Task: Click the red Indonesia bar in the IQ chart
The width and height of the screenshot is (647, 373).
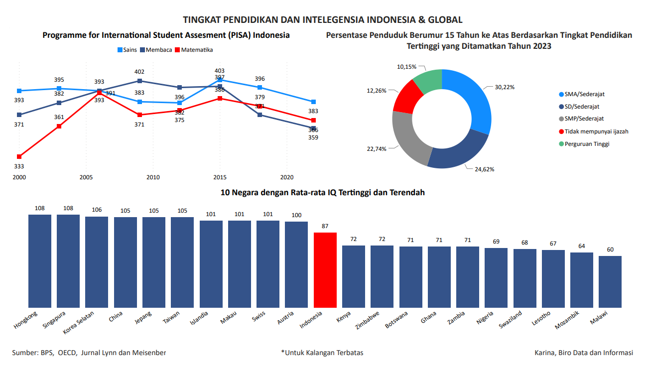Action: pyautogui.click(x=325, y=270)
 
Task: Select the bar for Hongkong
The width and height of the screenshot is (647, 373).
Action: pyautogui.click(x=39, y=261)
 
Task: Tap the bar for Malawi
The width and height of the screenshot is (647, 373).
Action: pyautogui.click(x=610, y=281)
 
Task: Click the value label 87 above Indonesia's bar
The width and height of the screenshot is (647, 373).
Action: pyautogui.click(x=325, y=226)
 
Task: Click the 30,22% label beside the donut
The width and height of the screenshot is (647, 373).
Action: pyautogui.click(x=505, y=87)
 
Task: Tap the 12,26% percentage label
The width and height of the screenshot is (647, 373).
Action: pyautogui.click(x=377, y=91)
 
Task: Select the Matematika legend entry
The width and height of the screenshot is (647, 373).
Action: pyautogui.click(x=197, y=50)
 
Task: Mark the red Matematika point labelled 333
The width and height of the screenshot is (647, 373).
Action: pyautogui.click(x=19, y=157)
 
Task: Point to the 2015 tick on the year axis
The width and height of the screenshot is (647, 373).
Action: pyautogui.click(x=220, y=177)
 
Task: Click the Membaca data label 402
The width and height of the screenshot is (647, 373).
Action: pyautogui.click(x=139, y=72)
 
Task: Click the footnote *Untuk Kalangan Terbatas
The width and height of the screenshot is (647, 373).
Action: pyautogui.click(x=322, y=353)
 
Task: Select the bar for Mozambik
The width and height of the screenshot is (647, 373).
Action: pyautogui.click(x=582, y=280)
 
